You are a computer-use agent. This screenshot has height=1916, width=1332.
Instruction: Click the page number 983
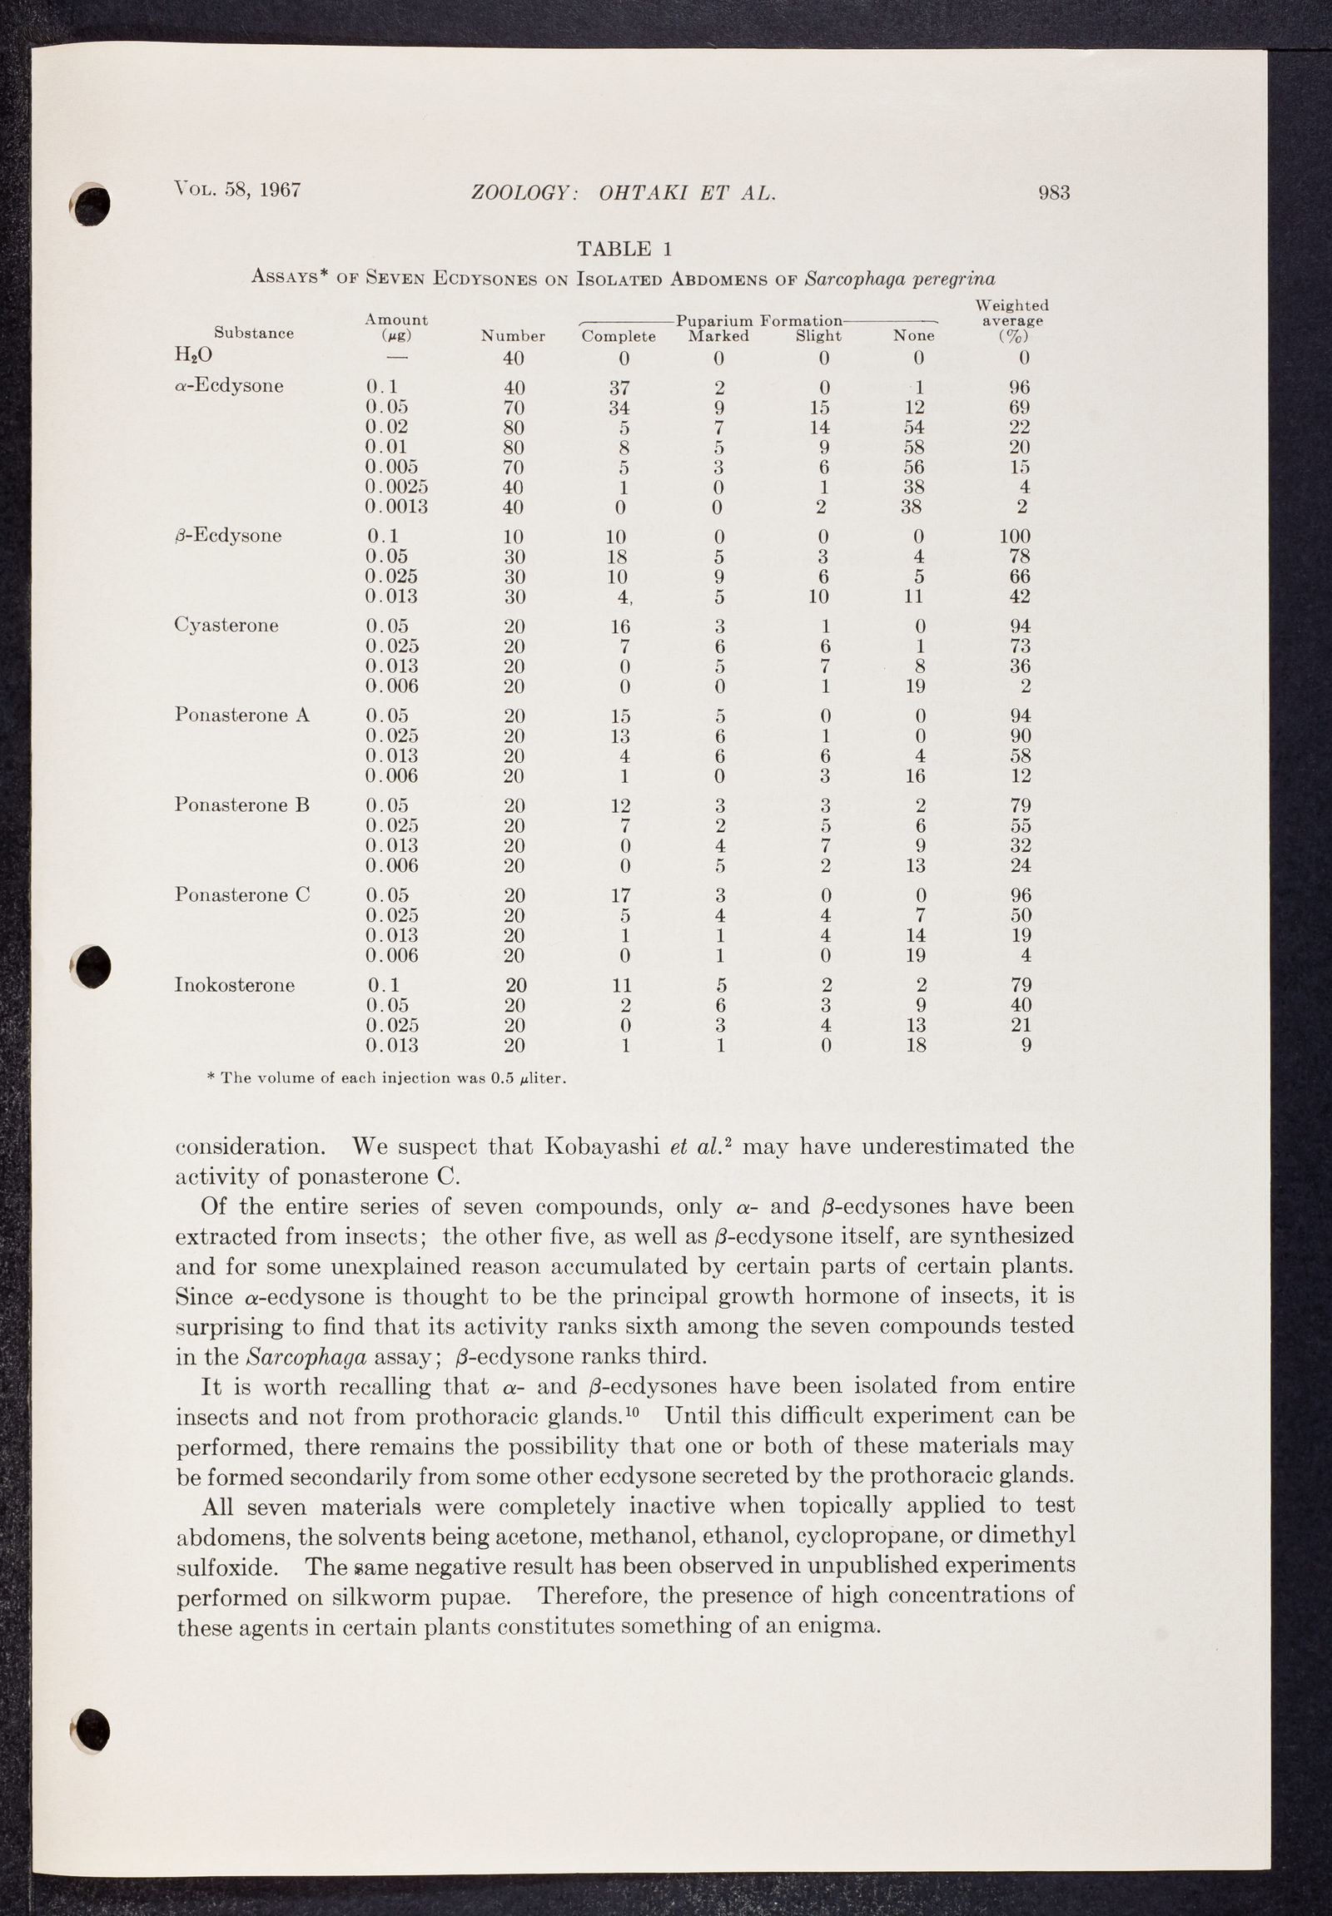(x=1053, y=193)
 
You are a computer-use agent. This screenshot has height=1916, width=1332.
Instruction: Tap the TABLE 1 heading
(x=624, y=249)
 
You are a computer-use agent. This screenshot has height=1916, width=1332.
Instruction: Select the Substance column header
(x=254, y=333)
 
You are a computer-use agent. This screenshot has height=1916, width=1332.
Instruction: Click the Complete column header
(x=619, y=336)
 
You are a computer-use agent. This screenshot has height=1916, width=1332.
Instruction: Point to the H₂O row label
(x=193, y=354)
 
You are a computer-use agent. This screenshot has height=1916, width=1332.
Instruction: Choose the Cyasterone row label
(x=226, y=626)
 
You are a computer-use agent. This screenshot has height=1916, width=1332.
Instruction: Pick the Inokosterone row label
(x=235, y=985)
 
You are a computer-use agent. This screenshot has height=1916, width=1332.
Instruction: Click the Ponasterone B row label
(x=242, y=805)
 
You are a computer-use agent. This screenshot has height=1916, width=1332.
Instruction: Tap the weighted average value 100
(x=1014, y=537)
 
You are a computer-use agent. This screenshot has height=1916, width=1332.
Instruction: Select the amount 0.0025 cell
(x=396, y=487)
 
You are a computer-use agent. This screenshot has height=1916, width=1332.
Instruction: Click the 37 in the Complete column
(x=619, y=388)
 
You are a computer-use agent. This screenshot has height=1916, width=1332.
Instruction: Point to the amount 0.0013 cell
(x=396, y=507)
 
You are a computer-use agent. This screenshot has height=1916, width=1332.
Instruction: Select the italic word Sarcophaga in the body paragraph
(x=308, y=1356)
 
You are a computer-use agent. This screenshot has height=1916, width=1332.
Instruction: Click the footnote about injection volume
(x=386, y=1077)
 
